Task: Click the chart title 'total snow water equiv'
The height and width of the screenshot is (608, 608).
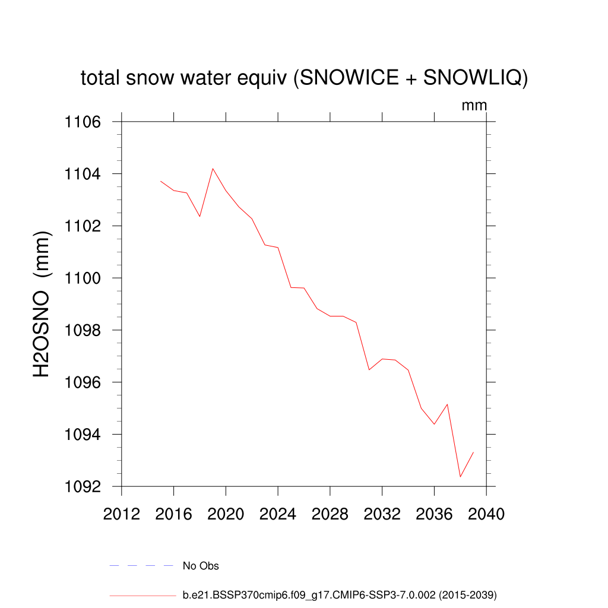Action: point(304,78)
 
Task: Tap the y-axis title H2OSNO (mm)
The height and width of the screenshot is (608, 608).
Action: point(42,305)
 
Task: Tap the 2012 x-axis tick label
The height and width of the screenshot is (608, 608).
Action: point(122,514)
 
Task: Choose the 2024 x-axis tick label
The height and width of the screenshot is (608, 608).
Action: point(278,514)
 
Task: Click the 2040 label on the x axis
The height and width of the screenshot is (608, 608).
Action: point(486,514)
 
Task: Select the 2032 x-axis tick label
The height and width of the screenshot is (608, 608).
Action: point(382,514)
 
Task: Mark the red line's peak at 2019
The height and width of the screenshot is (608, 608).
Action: point(213,169)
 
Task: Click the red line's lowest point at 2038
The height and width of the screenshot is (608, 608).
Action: point(460,477)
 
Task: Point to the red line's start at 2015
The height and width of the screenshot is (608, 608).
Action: point(161,181)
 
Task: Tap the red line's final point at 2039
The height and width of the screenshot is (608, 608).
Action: point(473,452)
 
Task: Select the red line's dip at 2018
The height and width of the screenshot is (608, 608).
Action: point(199,216)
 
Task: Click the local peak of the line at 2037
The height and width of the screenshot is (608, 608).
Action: point(447,404)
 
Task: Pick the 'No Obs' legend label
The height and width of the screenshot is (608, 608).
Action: point(201,566)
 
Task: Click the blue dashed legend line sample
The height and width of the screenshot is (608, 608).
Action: point(141,566)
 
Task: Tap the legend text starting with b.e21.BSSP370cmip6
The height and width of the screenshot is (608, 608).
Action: point(340,594)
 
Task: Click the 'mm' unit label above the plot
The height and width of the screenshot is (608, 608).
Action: point(474,106)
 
